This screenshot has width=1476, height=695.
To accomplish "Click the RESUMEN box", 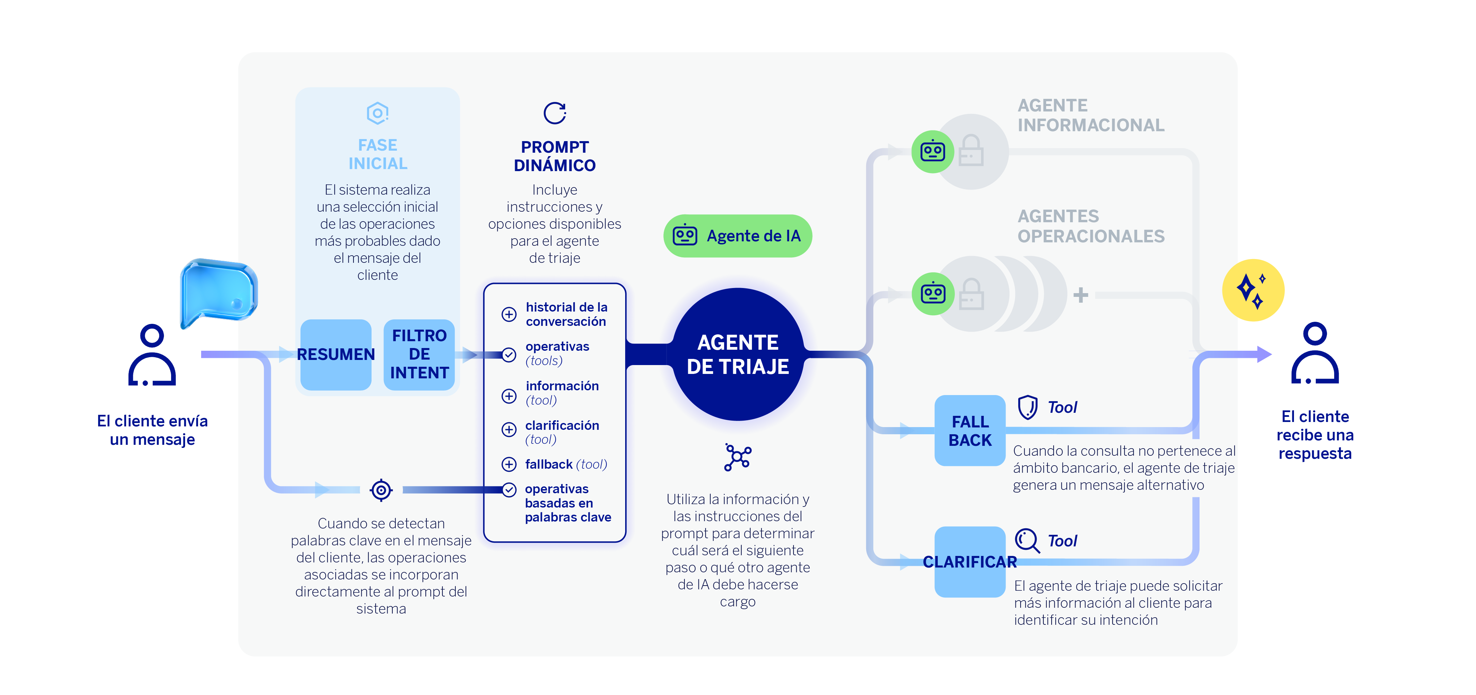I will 336,355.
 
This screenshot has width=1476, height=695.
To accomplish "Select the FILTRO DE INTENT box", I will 419,355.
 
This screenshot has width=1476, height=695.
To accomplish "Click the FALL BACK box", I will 969,431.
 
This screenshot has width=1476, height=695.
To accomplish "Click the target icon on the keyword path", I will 381,490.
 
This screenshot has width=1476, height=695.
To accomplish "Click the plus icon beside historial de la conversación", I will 509,314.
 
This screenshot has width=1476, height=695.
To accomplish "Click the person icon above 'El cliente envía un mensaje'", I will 152,355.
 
